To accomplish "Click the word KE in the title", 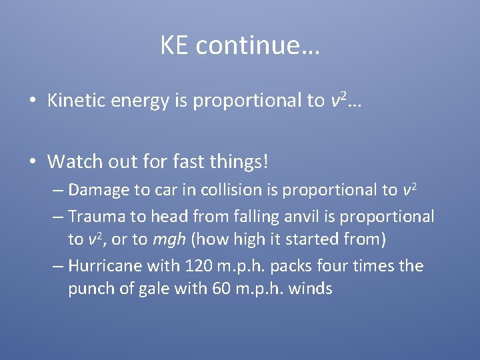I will click(x=175, y=45).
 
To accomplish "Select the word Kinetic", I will click(x=77, y=101).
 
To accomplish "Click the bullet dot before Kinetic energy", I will click(x=32, y=101).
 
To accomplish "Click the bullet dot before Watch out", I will click(x=32, y=162).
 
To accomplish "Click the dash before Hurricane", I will click(x=58, y=266).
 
